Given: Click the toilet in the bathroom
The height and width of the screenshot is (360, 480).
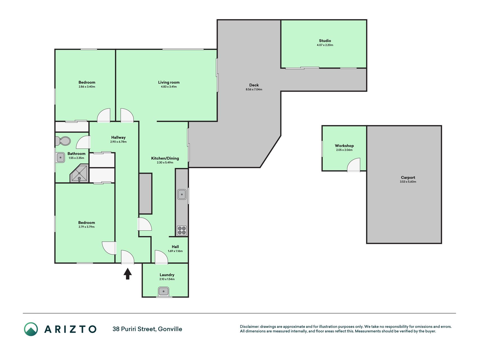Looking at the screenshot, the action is point(63,141).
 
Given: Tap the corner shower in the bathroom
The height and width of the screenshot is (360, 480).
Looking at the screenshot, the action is point(80,173).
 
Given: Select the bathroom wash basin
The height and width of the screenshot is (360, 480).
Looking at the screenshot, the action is point(60,157).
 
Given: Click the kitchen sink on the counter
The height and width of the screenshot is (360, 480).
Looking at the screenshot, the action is point(182,194).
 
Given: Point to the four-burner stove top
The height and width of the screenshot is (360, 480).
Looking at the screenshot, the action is point(182,230).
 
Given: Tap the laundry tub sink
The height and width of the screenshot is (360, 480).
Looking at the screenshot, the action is point(163,291).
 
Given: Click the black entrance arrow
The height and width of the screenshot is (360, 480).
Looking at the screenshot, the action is point(128,274).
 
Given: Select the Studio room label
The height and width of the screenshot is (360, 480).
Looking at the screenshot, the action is point(325,40).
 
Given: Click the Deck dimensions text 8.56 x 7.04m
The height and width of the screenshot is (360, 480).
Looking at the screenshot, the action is point(254,89).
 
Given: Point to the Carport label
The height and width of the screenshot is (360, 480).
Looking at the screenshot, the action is point(408,177).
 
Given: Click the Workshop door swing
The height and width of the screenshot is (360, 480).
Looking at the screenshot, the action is point(353,165).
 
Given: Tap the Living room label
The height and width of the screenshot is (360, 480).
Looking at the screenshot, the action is point(169,82).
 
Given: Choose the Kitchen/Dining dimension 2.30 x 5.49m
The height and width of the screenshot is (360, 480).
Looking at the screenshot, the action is point(165,163).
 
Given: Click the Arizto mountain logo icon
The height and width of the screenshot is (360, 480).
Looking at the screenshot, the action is point(31,329).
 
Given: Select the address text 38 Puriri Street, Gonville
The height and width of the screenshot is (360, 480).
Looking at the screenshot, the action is point(147,329).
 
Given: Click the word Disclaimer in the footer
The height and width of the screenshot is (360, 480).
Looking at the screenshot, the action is point(249,327).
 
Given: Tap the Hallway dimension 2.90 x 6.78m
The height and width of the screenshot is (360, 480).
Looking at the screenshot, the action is point(118,142).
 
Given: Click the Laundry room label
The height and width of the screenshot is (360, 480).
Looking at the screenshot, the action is point(167,275).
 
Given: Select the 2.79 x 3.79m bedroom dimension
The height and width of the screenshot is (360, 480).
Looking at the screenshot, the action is point(87,227).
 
